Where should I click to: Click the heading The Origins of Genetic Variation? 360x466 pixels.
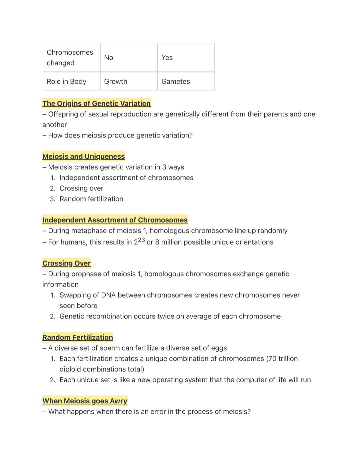point(96,103)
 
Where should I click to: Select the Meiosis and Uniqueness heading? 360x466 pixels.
point(83,156)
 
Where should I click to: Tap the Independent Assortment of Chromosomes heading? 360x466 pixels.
point(115,220)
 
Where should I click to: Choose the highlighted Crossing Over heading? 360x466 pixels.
point(66,263)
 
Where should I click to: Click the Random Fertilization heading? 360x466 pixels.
point(77,337)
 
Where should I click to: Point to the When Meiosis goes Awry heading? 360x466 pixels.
point(85,401)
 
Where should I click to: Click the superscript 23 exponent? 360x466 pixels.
point(141,240)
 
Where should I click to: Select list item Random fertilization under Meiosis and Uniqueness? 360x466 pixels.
point(91,199)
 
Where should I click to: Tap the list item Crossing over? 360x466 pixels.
point(81,188)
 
